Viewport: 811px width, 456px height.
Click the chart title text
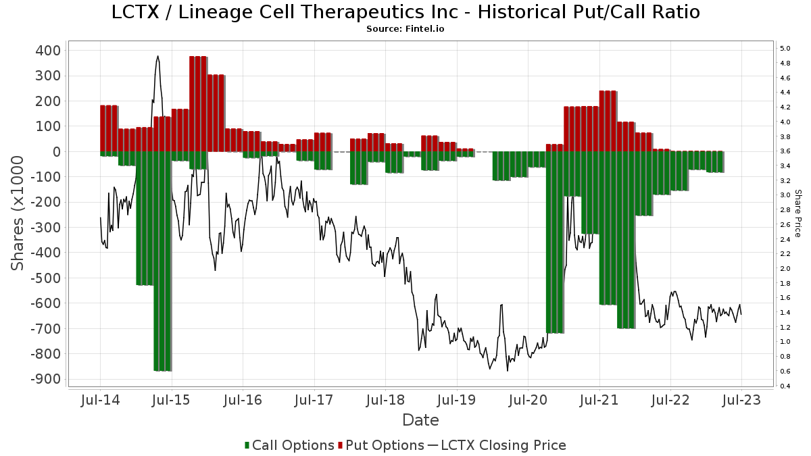405,12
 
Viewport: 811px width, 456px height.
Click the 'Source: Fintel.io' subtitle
405,29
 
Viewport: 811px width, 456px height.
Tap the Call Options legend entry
289,445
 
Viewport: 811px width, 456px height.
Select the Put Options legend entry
381,445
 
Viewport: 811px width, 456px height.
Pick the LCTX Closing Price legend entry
497,445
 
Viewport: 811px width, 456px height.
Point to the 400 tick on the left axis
48,50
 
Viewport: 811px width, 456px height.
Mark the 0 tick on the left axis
57,151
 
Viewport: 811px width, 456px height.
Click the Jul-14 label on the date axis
100,400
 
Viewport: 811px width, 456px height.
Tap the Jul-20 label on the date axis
528,400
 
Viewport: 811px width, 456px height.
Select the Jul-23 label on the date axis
741,400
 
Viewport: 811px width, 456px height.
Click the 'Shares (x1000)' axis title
17,213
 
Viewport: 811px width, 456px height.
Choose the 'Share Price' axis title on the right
797,213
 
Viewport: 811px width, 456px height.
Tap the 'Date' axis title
420,420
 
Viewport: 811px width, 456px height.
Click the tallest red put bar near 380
198,104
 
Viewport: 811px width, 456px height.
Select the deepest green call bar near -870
163,261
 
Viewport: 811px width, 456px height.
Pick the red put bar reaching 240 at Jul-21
608,121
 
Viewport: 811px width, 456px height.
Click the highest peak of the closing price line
158,56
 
